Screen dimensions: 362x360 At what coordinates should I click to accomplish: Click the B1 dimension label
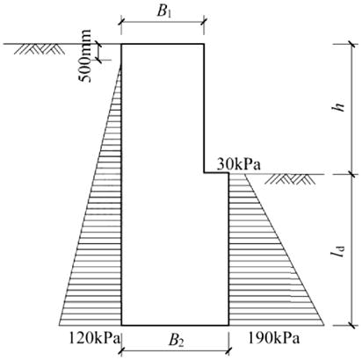pyautogui.click(x=164, y=11)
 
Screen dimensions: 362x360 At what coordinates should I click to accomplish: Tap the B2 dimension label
pyautogui.click(x=177, y=341)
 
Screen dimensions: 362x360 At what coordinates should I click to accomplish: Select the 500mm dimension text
pyautogui.click(x=85, y=56)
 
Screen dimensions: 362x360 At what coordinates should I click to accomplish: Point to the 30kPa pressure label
pyautogui.click(x=238, y=164)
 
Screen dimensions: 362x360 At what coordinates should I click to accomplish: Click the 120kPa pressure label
pyautogui.click(x=95, y=339)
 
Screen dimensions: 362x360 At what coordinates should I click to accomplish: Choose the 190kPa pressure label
pyautogui.click(x=274, y=339)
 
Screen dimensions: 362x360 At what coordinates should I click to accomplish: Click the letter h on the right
pyautogui.click(x=339, y=108)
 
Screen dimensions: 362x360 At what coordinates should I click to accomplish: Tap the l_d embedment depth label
pyautogui.click(x=338, y=251)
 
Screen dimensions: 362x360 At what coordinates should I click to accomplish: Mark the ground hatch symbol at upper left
pyautogui.click(x=40, y=49)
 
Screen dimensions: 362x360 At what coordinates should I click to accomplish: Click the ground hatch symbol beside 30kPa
pyautogui.click(x=290, y=179)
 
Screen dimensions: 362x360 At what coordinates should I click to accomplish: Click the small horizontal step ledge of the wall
pyautogui.click(x=216, y=173)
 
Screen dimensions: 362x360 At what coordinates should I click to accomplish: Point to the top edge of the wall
pyautogui.click(x=163, y=44)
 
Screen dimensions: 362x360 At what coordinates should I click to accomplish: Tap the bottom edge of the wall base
pyautogui.click(x=175, y=325)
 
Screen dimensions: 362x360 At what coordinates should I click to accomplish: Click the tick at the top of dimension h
pyautogui.click(x=352, y=44)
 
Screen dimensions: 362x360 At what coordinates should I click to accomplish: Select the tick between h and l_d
pyautogui.click(x=352, y=175)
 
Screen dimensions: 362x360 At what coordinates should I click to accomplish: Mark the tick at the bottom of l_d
pyautogui.click(x=352, y=325)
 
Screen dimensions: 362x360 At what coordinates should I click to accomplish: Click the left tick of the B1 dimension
pyautogui.click(x=121, y=22)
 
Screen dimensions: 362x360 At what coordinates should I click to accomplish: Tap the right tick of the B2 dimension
pyautogui.click(x=228, y=349)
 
